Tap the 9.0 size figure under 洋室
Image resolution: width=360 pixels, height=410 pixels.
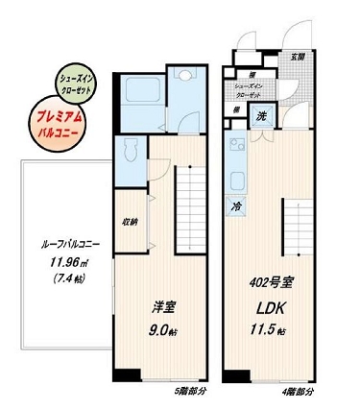click(x=160, y=330)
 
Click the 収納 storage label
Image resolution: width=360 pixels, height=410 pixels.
click(x=129, y=222)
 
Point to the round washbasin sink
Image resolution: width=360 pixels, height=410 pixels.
click(x=182, y=81)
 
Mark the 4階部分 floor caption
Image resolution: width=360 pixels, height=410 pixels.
click(x=297, y=392)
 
